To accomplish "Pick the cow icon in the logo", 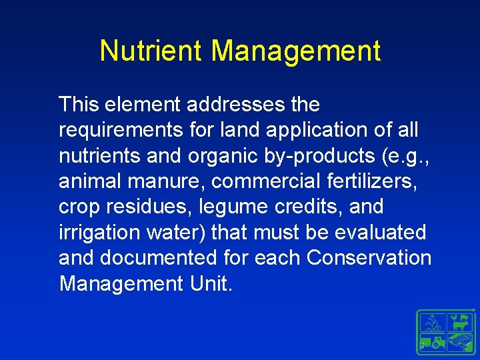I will (x=459, y=323).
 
